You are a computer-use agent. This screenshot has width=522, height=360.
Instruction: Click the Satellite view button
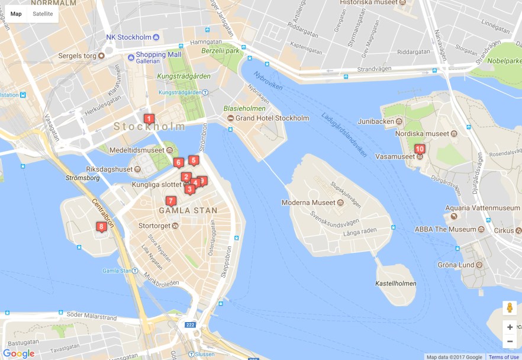click(x=43, y=14)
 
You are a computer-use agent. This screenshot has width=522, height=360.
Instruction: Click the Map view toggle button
click(x=16, y=14)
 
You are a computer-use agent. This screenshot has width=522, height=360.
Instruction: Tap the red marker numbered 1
click(x=149, y=118)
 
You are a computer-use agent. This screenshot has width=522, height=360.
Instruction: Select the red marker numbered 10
click(x=420, y=149)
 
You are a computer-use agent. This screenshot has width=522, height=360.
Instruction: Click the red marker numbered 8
click(x=102, y=226)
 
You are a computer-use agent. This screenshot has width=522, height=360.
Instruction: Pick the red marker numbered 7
click(x=171, y=201)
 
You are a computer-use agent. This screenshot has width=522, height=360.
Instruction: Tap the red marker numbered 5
click(x=193, y=160)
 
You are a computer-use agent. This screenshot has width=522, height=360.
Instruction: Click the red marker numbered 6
click(x=178, y=162)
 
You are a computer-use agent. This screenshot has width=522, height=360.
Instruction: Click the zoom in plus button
click(x=510, y=327)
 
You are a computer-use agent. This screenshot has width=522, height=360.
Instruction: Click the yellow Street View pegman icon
click(x=510, y=308)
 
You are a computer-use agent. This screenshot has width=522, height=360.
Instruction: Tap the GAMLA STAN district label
click(x=188, y=210)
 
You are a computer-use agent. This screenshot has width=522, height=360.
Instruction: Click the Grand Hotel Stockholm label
click(x=272, y=118)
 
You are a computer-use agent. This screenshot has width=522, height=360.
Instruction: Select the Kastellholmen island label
click(x=395, y=284)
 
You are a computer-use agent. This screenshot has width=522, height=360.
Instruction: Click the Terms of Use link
click(x=503, y=357)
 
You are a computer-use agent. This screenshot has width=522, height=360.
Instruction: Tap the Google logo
click(x=19, y=353)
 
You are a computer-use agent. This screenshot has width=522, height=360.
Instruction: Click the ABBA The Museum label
click(x=445, y=229)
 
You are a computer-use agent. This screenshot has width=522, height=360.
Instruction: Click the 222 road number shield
click(x=190, y=324)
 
